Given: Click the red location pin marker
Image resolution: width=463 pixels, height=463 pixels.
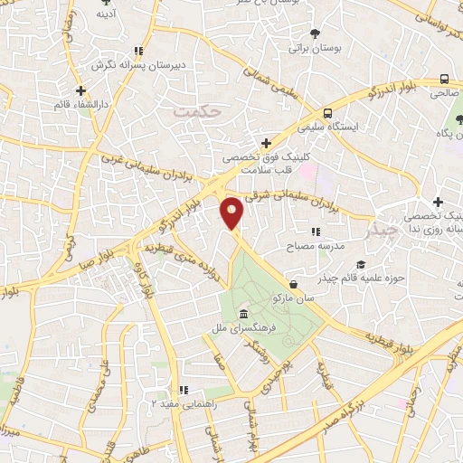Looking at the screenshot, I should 232,212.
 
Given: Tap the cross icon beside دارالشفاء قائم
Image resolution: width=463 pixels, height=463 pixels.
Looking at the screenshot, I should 81,90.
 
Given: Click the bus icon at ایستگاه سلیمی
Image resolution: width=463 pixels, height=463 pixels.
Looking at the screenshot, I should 330,115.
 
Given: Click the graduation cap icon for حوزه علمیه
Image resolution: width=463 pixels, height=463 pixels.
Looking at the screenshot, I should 361,264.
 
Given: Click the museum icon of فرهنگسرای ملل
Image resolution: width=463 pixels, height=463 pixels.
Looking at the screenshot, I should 241,314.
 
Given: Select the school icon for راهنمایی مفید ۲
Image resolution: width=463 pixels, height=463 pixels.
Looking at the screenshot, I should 184,391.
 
